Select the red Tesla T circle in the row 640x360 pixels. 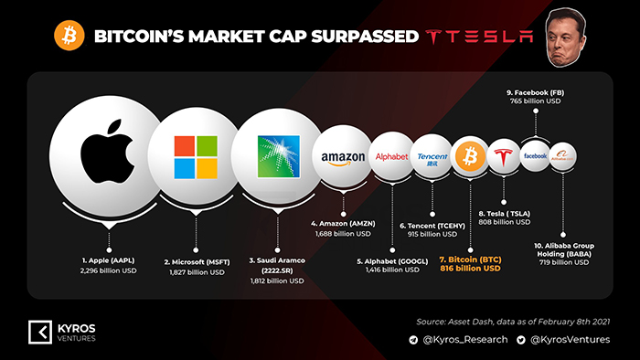tap(504, 156)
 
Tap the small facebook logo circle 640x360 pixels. tap(535, 156)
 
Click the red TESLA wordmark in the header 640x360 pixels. tap(479, 37)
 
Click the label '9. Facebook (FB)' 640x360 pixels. tap(535, 93)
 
